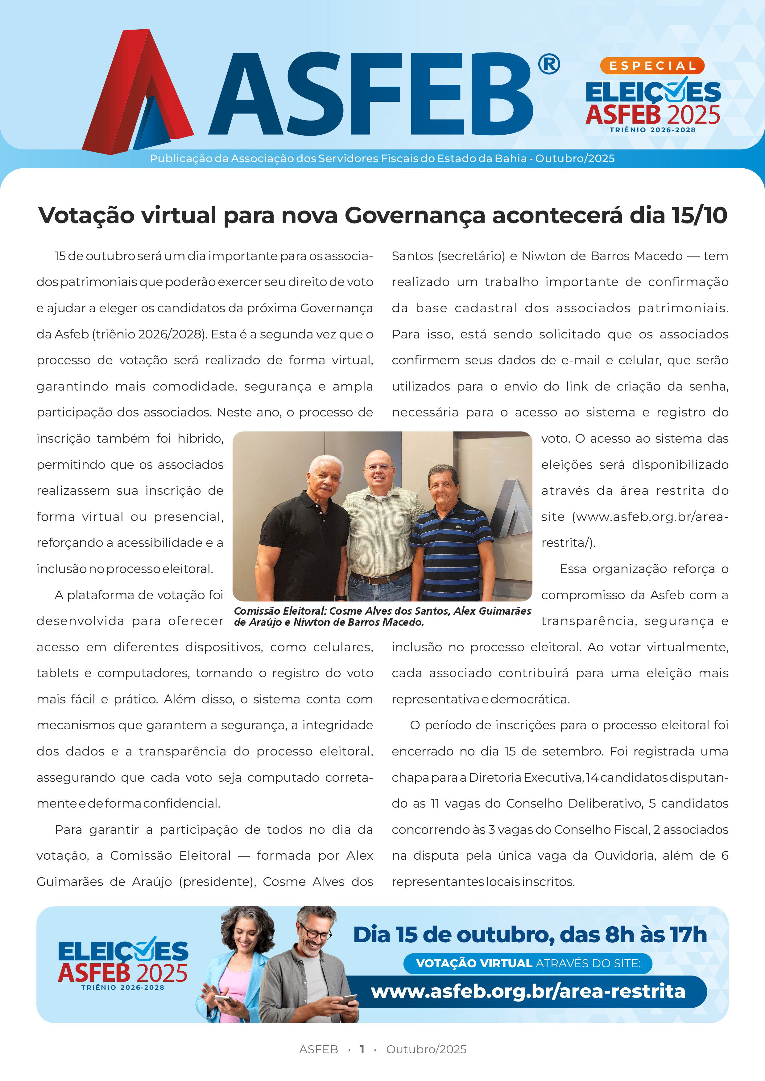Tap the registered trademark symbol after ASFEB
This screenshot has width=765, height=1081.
pos(549,64)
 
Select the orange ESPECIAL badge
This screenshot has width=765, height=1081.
pos(652,65)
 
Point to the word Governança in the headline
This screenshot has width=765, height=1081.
pos(415,216)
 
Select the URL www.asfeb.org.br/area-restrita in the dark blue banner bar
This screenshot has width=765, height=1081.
pos(527,991)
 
